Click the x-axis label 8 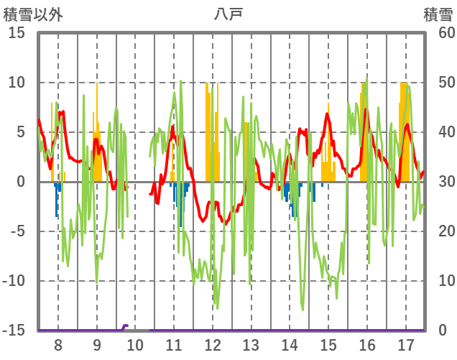click(57, 345)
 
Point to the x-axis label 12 click(212, 345)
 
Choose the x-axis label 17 click(405, 345)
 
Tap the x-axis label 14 click(290, 345)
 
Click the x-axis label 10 click(135, 345)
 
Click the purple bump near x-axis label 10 click(125, 327)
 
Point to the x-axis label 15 click(328, 345)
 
